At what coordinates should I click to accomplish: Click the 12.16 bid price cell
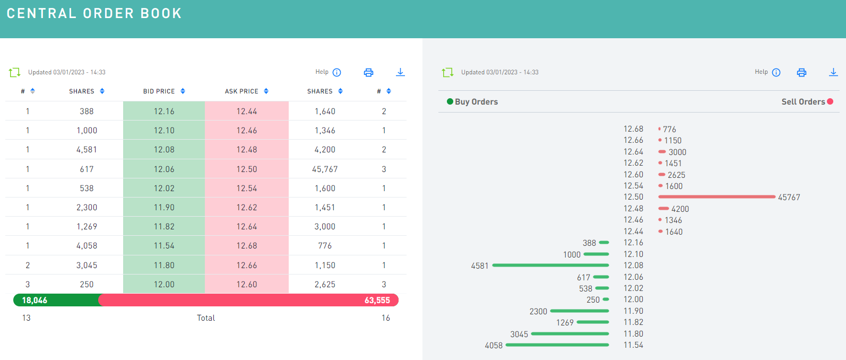[x=164, y=111]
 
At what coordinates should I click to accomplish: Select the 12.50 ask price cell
[x=247, y=169]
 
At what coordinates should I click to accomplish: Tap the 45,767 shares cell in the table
[x=325, y=169]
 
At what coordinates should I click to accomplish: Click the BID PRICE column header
[x=159, y=91]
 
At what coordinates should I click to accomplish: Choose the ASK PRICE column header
[x=241, y=91]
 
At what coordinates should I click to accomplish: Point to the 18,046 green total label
[x=34, y=300]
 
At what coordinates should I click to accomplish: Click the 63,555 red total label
[x=377, y=300]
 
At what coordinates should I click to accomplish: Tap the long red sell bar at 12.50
[x=716, y=197]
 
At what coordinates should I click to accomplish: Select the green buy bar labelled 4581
[x=550, y=265]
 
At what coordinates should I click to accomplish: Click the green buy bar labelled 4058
[x=557, y=345]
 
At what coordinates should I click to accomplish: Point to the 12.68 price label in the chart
[x=633, y=129]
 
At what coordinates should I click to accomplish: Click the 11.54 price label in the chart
[x=633, y=345]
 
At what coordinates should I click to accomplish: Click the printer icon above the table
[x=368, y=72]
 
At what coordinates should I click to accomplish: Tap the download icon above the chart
[x=833, y=72]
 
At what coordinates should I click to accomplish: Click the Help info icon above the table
[x=336, y=72]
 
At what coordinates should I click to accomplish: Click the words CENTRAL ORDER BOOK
[x=94, y=13]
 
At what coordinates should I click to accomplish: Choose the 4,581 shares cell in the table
[x=87, y=150]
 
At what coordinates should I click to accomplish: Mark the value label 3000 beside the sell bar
[x=677, y=152]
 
